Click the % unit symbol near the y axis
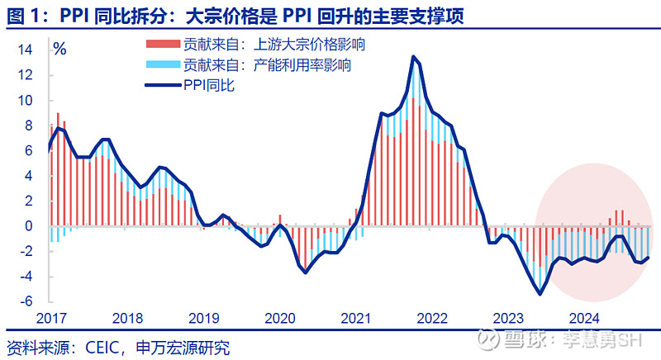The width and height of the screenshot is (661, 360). (x=59, y=49)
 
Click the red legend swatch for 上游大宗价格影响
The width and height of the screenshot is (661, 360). (x=162, y=44)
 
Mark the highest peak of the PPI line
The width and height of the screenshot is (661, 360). (x=415, y=56)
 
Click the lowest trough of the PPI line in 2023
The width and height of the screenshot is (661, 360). (x=540, y=293)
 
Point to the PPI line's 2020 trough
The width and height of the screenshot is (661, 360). (x=306, y=272)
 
